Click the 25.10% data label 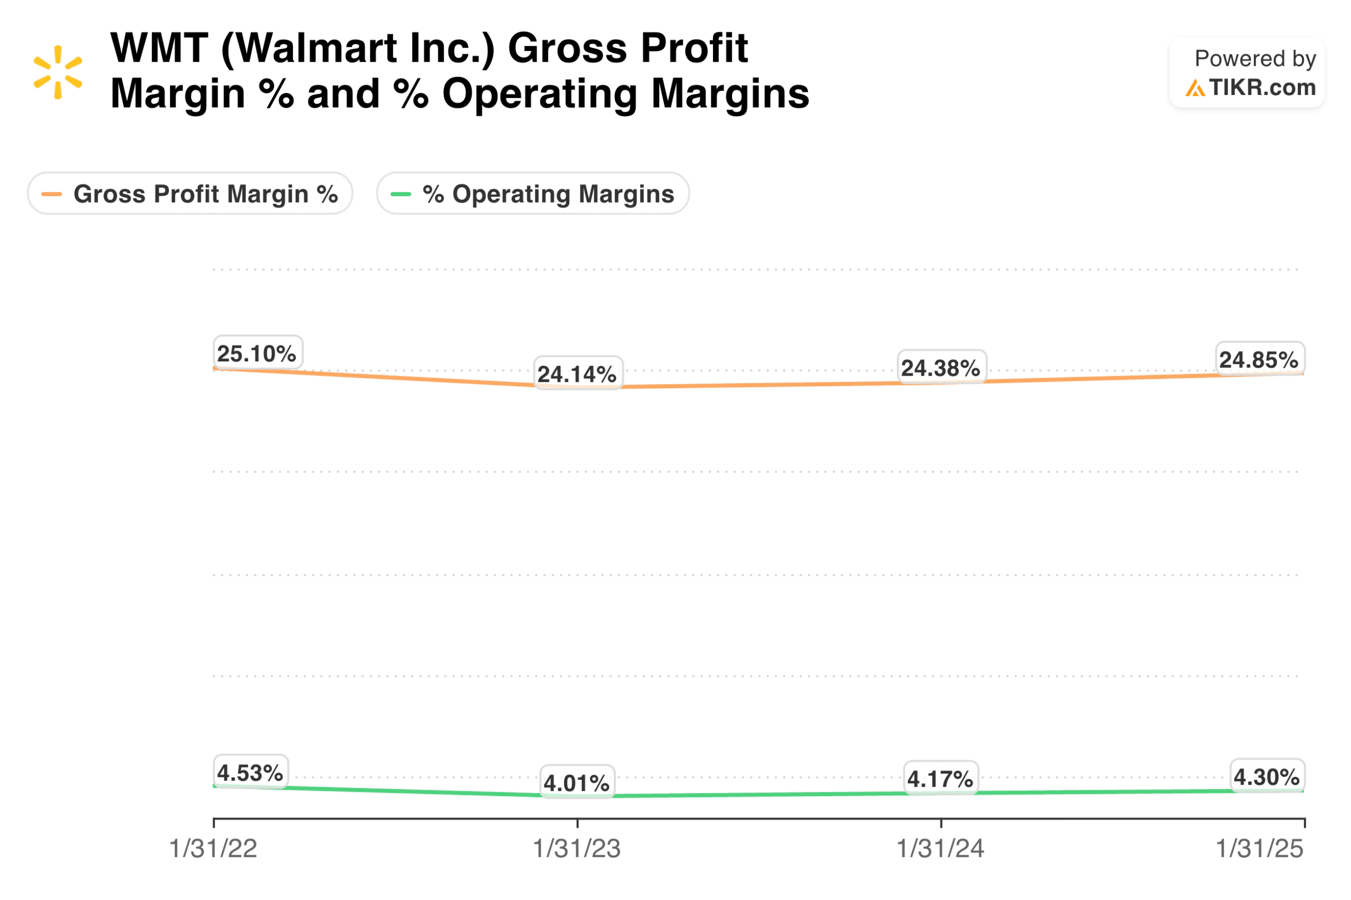257,353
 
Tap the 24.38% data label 941,368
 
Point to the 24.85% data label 1259,360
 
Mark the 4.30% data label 1267,777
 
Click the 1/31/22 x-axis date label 213,849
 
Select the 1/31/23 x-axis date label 577,849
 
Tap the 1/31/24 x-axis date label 940,849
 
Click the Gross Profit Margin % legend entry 190,194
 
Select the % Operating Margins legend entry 533,194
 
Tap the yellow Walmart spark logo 58,72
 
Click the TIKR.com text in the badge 1262,88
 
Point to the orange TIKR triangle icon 1195,89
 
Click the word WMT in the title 159,48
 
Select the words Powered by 1255,59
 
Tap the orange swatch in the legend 52,194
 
